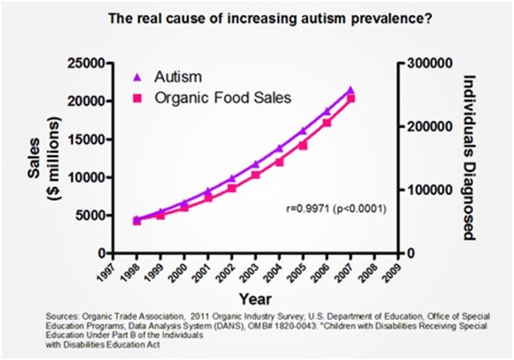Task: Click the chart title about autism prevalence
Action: click(x=258, y=17)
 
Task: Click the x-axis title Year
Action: click(x=255, y=300)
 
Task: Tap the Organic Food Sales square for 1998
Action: click(x=137, y=221)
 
